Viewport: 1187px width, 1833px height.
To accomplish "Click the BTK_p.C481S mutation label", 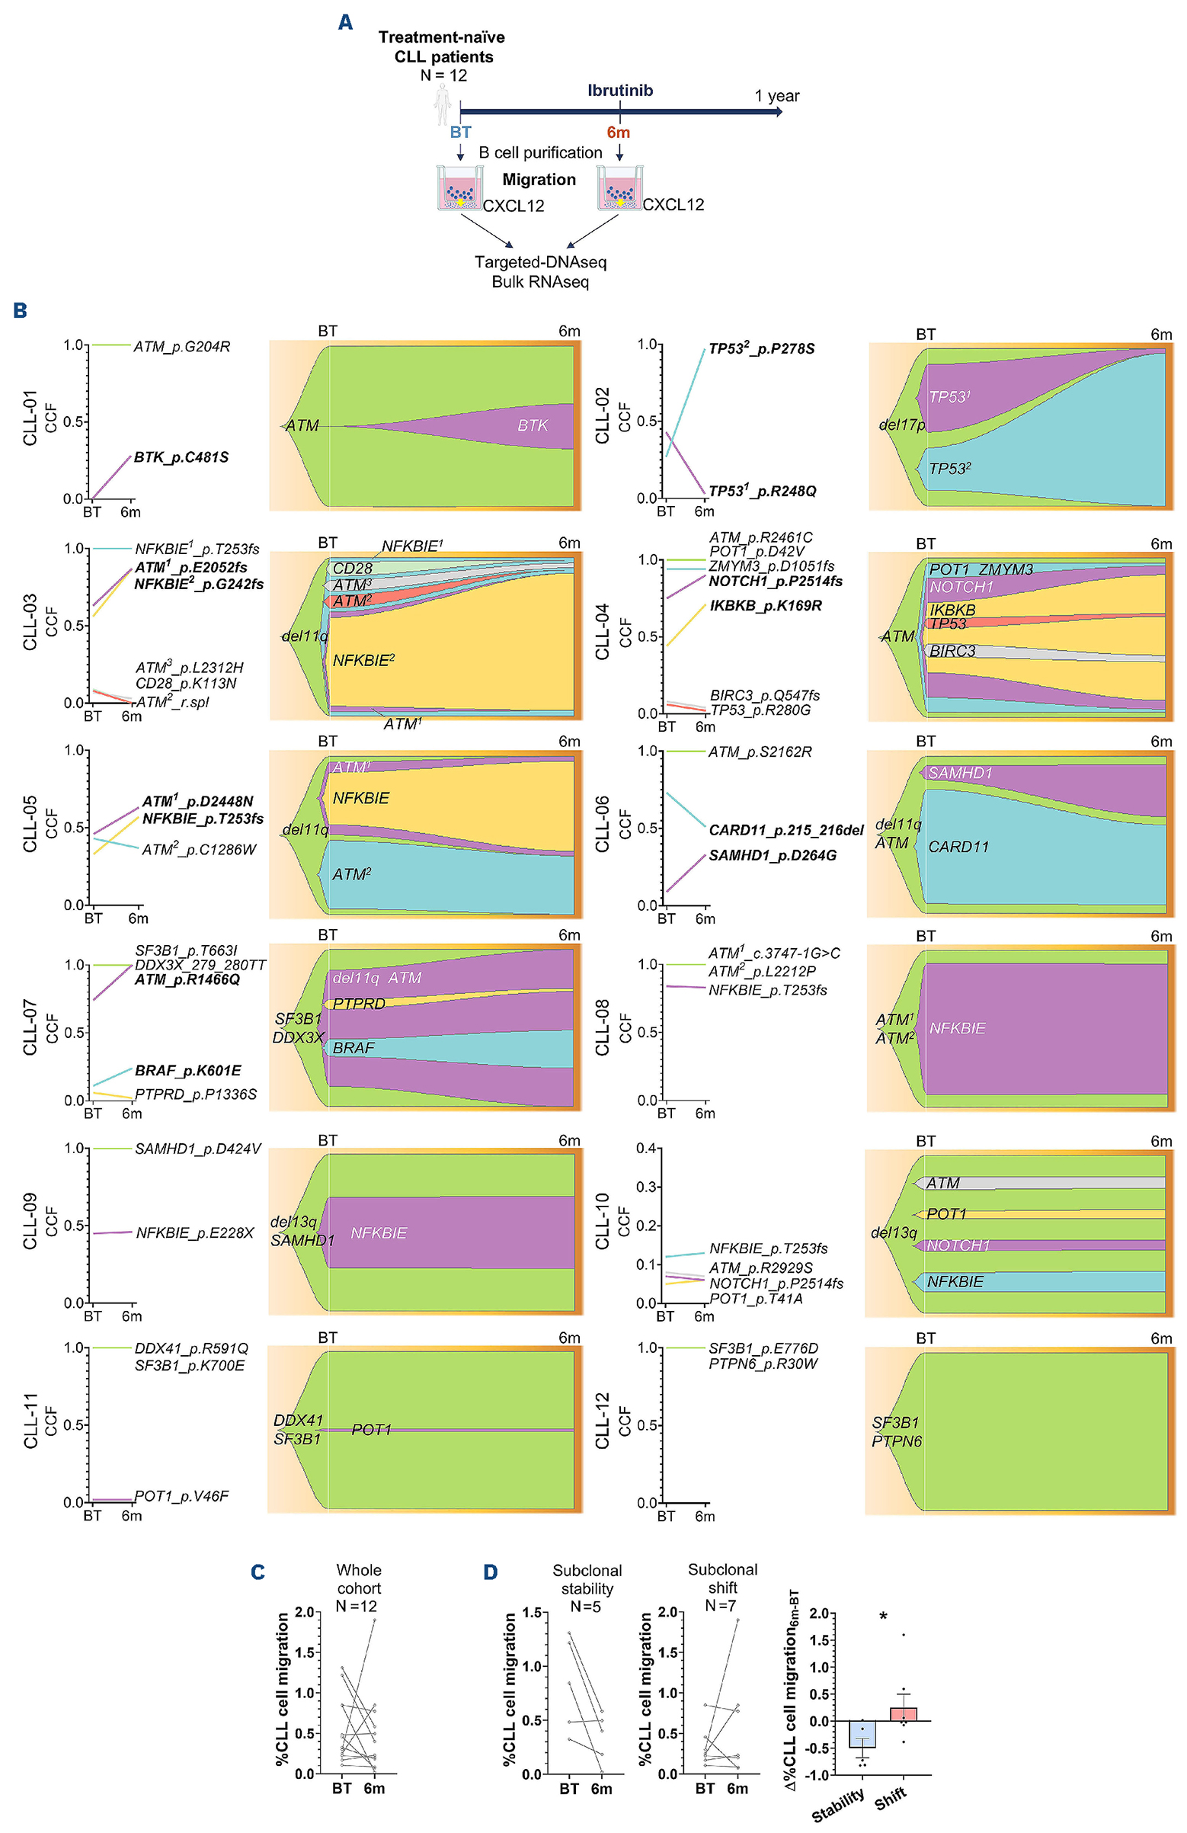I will coord(181,457).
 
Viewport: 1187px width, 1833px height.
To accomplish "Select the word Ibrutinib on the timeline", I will coord(619,90).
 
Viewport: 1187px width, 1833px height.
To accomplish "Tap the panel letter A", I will coord(346,22).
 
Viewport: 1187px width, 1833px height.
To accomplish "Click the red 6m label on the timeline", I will coord(618,133).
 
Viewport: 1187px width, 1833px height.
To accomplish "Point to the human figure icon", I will coord(442,105).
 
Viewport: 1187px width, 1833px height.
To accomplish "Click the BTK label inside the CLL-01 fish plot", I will coord(533,425).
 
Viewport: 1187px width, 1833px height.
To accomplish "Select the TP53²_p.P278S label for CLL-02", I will coord(760,349).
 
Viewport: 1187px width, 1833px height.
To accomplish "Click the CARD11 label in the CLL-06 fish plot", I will coord(958,847).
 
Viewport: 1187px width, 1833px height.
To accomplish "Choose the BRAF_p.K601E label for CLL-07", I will coord(188,1071).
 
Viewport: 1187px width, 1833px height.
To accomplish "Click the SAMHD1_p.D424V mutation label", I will coord(198,1149).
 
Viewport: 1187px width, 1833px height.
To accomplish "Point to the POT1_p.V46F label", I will coord(181,1495).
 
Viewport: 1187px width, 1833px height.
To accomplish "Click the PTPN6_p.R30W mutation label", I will coord(763,1364).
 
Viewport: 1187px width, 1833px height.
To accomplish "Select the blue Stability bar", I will coord(862,1734).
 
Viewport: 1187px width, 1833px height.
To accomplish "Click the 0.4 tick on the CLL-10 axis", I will coord(646,1149).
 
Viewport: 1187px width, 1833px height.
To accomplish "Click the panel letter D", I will coord(491,1572).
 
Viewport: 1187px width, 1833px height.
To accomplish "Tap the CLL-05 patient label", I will coord(30,824).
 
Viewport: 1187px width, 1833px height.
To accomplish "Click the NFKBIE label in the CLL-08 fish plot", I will coord(957,1028).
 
